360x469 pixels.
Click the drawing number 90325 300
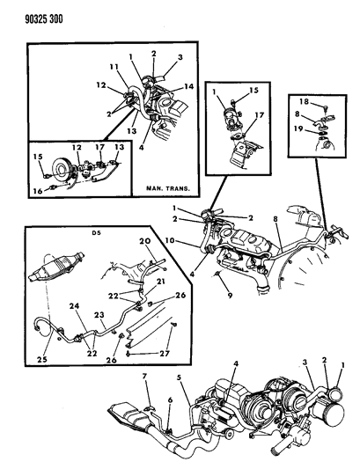31,15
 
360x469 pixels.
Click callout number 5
180,406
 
